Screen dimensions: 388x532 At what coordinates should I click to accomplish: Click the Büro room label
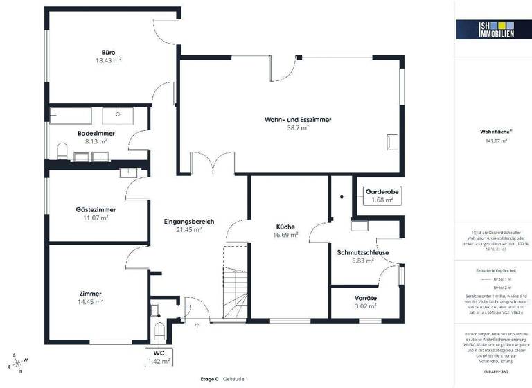click(108, 51)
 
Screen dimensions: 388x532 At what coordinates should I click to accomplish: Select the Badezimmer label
click(96, 133)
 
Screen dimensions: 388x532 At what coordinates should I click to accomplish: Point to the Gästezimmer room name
click(96, 209)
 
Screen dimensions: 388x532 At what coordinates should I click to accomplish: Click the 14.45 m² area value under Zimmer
click(90, 302)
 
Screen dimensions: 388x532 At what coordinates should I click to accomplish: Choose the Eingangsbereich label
click(188, 221)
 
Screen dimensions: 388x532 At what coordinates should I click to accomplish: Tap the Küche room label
click(285, 227)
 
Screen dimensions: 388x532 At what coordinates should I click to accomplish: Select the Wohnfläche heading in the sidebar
click(491, 131)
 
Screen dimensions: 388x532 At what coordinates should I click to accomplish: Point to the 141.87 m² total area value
click(496, 141)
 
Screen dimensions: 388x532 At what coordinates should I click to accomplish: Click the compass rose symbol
click(16, 363)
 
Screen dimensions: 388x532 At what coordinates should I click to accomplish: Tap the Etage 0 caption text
click(208, 379)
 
